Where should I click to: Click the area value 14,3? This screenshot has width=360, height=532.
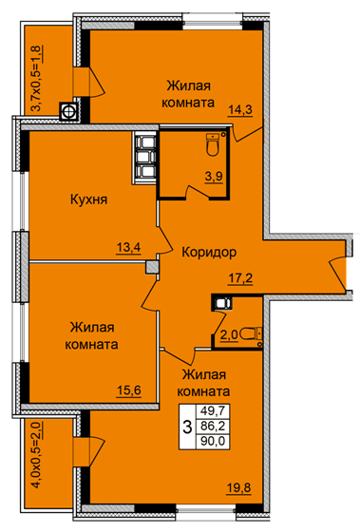coord(241,110)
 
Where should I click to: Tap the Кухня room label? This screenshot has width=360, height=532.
coord(89,199)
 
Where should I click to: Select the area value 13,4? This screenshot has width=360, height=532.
coord(128,247)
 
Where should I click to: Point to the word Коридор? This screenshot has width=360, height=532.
coord(209,252)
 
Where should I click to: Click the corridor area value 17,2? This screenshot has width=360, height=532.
coord(240,278)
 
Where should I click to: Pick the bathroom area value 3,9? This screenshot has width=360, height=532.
coord(214,177)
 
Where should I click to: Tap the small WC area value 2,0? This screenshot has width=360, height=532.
coord(229,335)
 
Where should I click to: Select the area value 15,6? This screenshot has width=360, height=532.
coord(129,390)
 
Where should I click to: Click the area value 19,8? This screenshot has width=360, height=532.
coord(238,488)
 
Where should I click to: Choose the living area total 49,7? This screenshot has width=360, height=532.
coord(213,411)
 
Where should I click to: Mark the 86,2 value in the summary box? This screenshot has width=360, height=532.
coord(213,426)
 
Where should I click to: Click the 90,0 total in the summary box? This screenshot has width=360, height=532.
coord(213,442)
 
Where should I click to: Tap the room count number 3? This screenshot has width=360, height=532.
coord(187,427)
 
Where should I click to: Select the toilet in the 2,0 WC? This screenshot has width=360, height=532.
coord(251,333)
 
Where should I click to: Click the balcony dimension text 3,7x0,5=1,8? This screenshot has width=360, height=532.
coord(37,78)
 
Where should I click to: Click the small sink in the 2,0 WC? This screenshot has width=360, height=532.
coord(223,302)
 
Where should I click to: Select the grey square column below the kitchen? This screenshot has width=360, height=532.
coord(152,267)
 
